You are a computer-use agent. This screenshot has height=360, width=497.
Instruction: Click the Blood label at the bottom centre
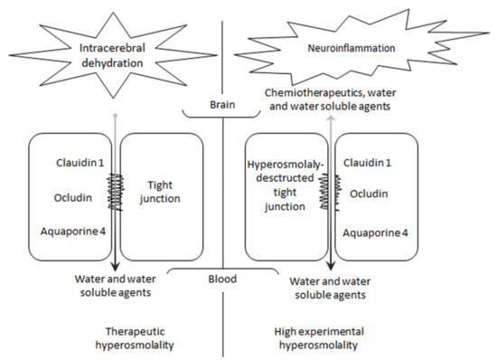(x=222, y=279)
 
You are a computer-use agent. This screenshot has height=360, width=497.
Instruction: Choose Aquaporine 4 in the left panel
(x=73, y=232)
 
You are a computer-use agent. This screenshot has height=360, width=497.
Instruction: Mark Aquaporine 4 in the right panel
(x=378, y=232)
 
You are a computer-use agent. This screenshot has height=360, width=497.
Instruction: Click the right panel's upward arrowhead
(x=331, y=119)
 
